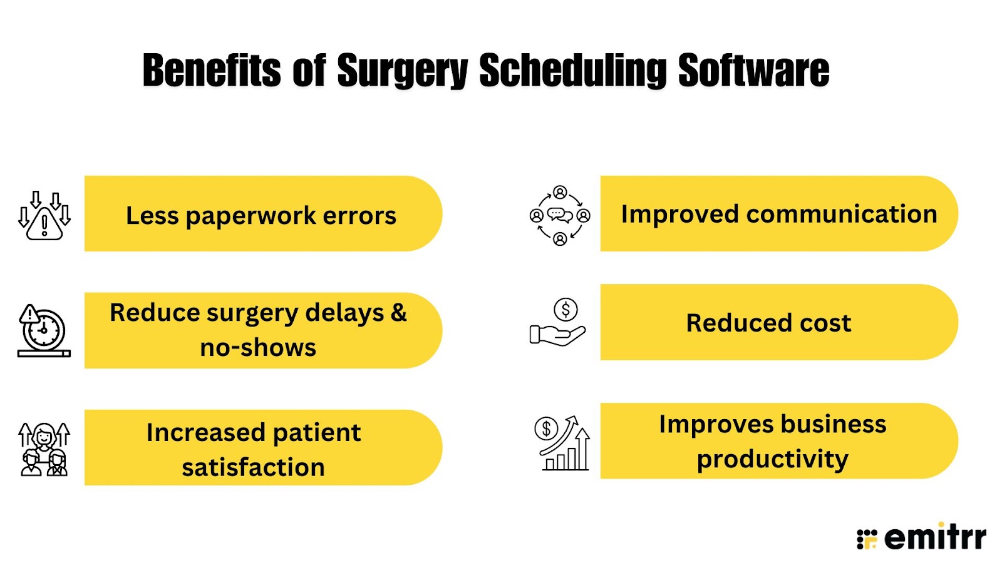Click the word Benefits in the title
pyautogui.click(x=212, y=69)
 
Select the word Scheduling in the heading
pyautogui.click(x=573, y=71)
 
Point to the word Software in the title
pyautogui.click(x=754, y=69)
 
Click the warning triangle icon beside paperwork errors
pyautogui.click(x=44, y=216)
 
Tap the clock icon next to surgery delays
pyautogui.click(x=44, y=331)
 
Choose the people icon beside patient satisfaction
pyautogui.click(x=44, y=449)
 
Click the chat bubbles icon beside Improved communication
pyautogui.click(x=560, y=215)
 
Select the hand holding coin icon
pyautogui.click(x=557, y=322)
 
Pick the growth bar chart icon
pyautogui.click(x=562, y=443)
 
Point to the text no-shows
pyautogui.click(x=258, y=348)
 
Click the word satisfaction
pyautogui.click(x=253, y=467)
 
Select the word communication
pyautogui.click(x=842, y=214)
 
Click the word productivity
pyautogui.click(x=773, y=460)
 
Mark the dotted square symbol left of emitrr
pyautogui.click(x=867, y=539)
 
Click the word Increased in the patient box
pyautogui.click(x=206, y=432)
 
